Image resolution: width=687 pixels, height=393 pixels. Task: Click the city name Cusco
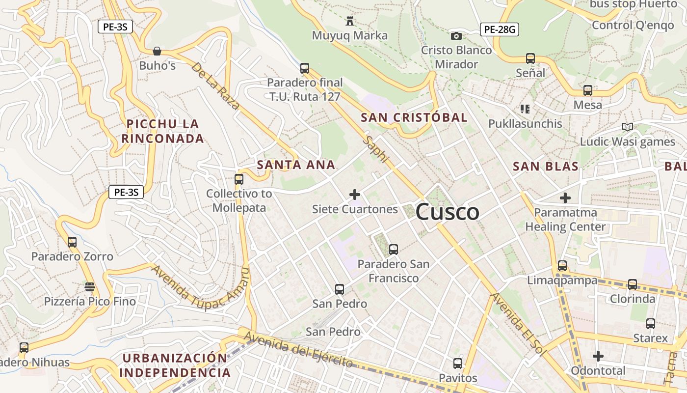pos(447,212)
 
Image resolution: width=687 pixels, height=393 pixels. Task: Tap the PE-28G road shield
pos(499,29)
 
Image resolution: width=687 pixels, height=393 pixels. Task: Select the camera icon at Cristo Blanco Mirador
pos(456,36)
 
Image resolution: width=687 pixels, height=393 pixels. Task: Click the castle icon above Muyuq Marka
pos(350,21)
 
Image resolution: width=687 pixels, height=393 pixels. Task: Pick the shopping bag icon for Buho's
pos(157,51)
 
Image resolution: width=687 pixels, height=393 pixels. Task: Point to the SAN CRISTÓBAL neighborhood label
pos(414,117)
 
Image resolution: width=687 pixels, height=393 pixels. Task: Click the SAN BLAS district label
pos(546,167)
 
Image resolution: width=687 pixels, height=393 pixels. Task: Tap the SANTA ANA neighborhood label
pos(296,165)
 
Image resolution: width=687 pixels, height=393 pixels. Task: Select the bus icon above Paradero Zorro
pos(72,242)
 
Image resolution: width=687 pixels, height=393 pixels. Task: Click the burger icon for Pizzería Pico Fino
pos(89,286)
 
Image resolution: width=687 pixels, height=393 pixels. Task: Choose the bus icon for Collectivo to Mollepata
pos(239,179)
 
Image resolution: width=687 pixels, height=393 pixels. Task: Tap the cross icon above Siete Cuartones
pos(355,195)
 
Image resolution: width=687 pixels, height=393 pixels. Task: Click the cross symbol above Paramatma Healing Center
pos(565,198)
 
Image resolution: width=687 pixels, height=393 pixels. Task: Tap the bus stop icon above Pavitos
pos(458,364)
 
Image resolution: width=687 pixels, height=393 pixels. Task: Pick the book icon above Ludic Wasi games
pos(627,127)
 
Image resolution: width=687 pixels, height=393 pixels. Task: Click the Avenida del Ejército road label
pos(298,349)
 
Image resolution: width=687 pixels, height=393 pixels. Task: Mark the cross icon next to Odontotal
pos(598,356)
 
